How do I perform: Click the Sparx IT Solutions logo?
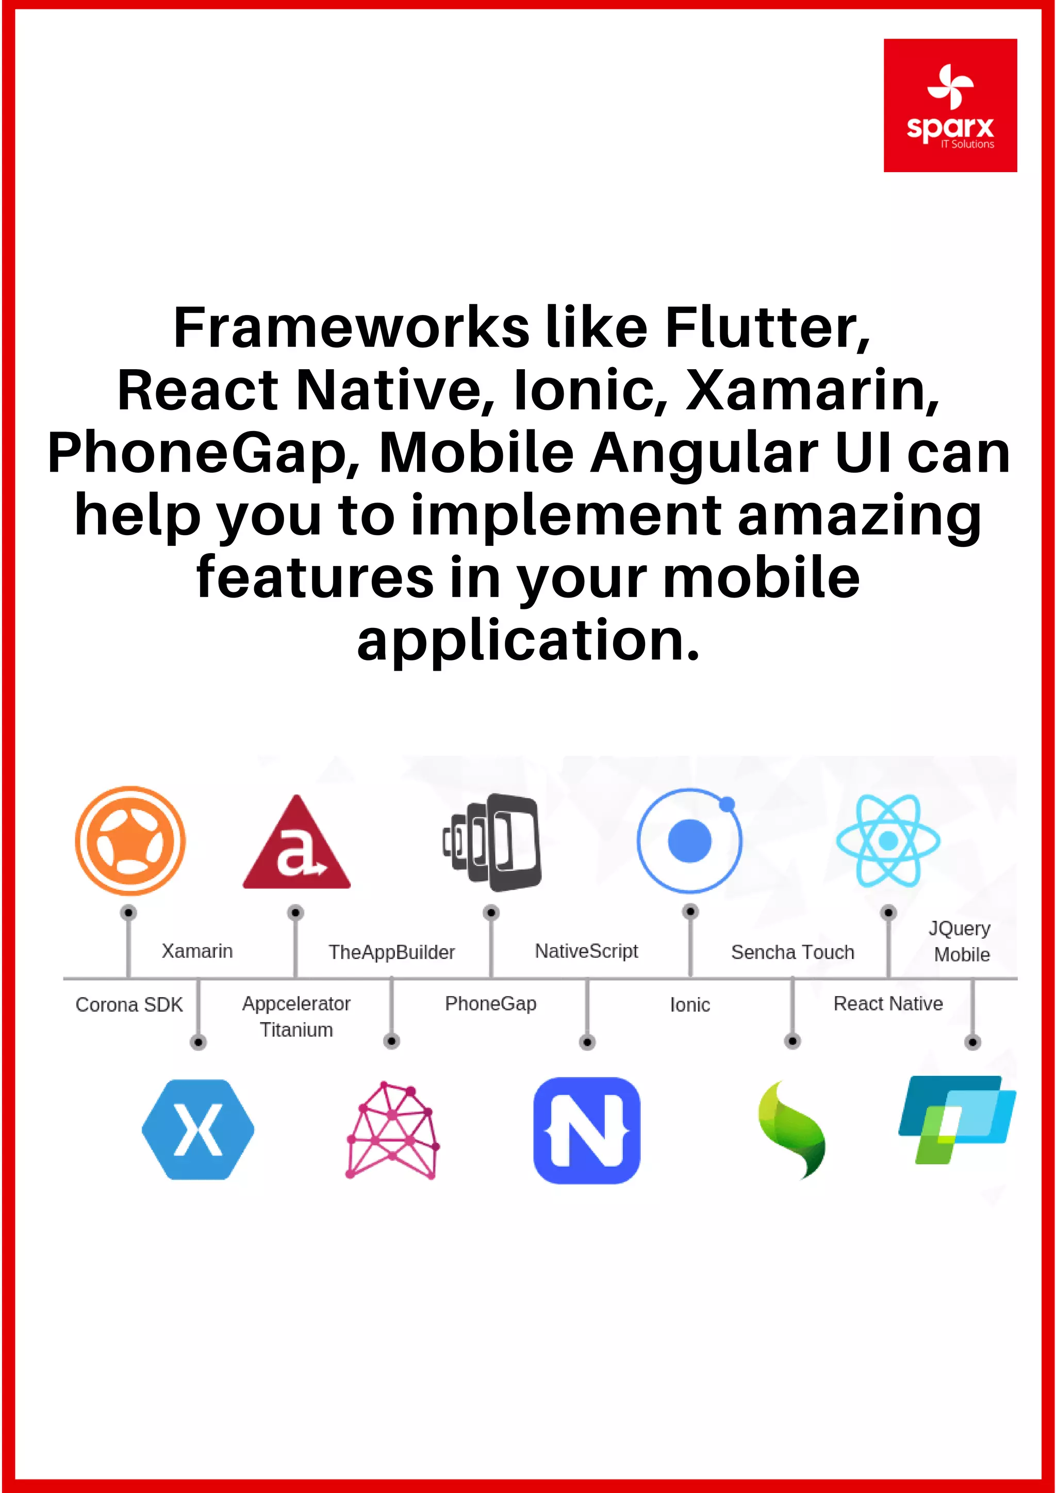[x=950, y=105]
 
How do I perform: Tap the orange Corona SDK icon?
[x=130, y=840]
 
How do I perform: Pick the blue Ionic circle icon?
[x=690, y=840]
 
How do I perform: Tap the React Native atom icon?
[x=888, y=840]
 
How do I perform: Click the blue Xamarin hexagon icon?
[x=199, y=1130]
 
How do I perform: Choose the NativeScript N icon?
[x=586, y=1130]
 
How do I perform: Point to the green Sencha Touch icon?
[x=793, y=1130]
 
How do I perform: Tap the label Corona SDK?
[x=129, y=1005]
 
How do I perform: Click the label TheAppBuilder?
[x=391, y=952]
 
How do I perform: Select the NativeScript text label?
[x=586, y=951]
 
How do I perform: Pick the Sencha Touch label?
[x=793, y=952]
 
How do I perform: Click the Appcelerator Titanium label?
[x=296, y=1016]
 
